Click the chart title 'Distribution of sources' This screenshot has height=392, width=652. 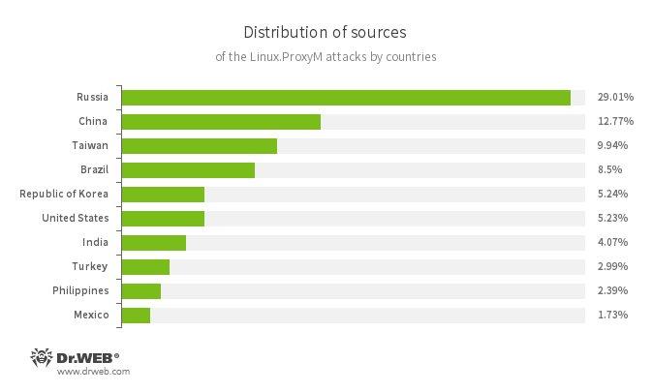[x=326, y=32]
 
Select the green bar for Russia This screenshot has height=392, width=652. [x=346, y=97]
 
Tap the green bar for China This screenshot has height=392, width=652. [x=221, y=121]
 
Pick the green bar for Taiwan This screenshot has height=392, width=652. [x=200, y=145]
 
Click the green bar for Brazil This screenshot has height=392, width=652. [x=188, y=169]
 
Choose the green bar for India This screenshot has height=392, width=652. [x=154, y=242]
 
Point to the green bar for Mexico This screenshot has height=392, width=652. [x=136, y=315]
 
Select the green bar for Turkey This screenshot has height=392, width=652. [x=145, y=266]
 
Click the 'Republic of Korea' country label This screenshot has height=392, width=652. [x=64, y=194]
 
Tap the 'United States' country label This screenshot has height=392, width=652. [x=76, y=218]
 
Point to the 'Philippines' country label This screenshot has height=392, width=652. [x=80, y=290]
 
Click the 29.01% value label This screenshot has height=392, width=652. [x=615, y=97]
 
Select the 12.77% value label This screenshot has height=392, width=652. [x=615, y=121]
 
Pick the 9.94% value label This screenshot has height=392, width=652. [x=613, y=145]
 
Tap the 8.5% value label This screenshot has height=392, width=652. [x=610, y=169]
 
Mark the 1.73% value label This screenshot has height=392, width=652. [x=613, y=315]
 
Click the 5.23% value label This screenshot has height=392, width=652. [x=613, y=218]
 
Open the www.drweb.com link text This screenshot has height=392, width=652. [x=93, y=371]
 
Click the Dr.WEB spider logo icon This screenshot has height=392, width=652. [x=42, y=356]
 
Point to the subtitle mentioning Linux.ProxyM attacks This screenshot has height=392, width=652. [x=326, y=56]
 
